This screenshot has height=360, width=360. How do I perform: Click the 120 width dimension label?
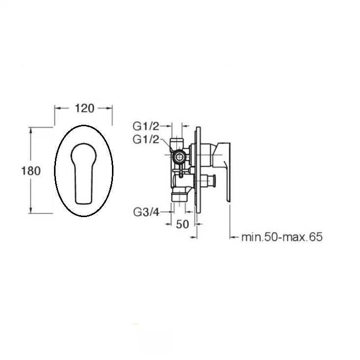[84, 108]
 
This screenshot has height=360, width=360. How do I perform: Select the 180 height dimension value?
[31, 171]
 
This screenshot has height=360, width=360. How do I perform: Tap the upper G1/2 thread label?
[146, 126]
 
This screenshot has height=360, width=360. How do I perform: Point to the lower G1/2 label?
[146, 139]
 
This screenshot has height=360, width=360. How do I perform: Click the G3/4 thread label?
[146, 212]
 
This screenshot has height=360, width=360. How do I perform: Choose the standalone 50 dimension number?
[183, 224]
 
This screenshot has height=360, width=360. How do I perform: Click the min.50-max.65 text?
[282, 237]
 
